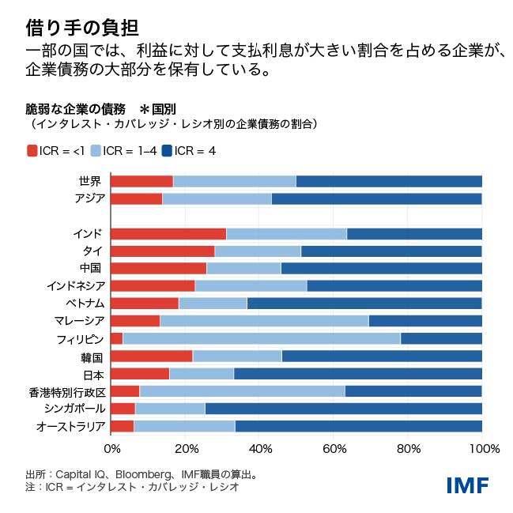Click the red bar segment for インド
pyautogui.click(x=168, y=234)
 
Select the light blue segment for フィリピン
pyautogui.click(x=261, y=338)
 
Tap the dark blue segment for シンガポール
pyautogui.click(x=343, y=409)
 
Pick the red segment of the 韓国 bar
pyautogui.click(x=151, y=356)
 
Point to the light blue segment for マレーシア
pyautogui.click(x=264, y=321)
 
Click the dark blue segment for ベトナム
pyautogui.click(x=364, y=304)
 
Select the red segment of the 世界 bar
pyautogui.click(x=141, y=181)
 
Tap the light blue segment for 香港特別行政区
pyautogui.click(x=242, y=390)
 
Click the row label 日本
pyautogui.click(x=92, y=374)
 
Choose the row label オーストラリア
pyautogui.click(x=70, y=426)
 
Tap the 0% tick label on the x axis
pyautogui.click(x=112, y=449)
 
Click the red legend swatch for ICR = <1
pyautogui.click(x=32, y=150)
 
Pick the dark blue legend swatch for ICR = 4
pyautogui.click(x=167, y=150)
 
